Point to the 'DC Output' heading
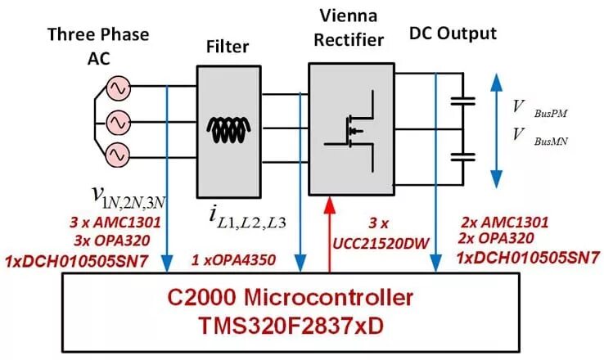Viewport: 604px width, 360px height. tap(452, 34)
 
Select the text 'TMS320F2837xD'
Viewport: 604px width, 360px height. tap(291, 325)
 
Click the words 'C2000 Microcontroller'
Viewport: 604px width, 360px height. tap(291, 296)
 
